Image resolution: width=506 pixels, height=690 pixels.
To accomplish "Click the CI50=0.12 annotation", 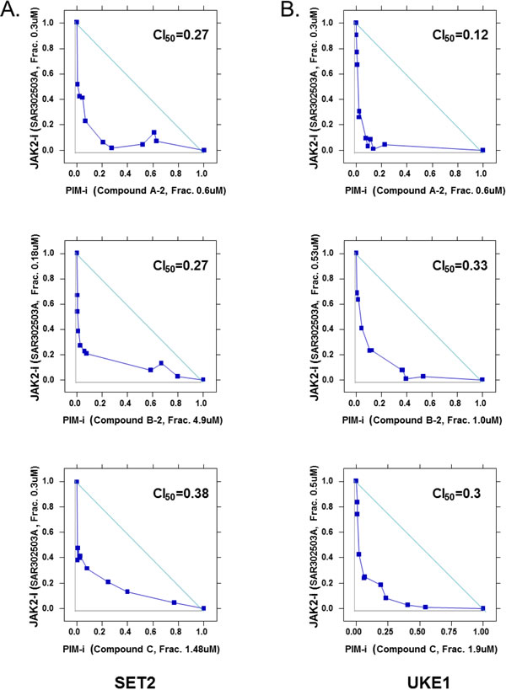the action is (460, 35).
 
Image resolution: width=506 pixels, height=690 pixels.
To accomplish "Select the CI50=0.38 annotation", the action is (180, 494).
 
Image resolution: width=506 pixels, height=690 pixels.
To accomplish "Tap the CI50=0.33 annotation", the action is (460, 265).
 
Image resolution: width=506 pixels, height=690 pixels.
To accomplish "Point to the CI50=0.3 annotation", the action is (455, 494).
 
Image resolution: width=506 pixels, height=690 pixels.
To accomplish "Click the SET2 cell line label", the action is (135, 682).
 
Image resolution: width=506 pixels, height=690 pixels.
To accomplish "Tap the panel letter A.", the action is (9, 8).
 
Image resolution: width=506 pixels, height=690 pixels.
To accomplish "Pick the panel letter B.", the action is (290, 8).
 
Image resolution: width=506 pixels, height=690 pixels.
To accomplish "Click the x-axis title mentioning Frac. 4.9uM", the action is (143, 420).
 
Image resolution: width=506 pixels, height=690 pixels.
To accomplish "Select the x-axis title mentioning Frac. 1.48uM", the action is (141, 649).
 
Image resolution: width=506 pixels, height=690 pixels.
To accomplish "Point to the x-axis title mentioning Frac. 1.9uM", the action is (421, 649).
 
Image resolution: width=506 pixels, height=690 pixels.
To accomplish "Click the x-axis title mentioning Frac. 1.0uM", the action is (422, 420).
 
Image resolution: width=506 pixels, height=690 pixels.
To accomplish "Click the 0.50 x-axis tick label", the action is (419, 632).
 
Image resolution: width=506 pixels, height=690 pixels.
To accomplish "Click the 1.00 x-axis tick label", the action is (482, 632).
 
